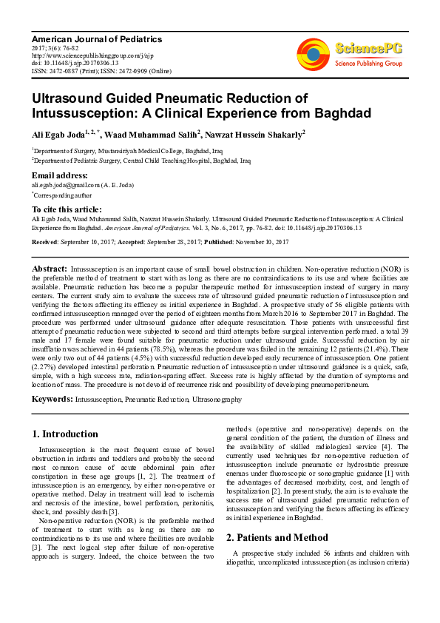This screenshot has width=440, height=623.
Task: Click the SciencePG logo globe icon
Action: (314, 54)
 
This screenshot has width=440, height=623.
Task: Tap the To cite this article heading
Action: (67, 210)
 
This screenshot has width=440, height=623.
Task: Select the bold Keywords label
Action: (52, 399)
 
